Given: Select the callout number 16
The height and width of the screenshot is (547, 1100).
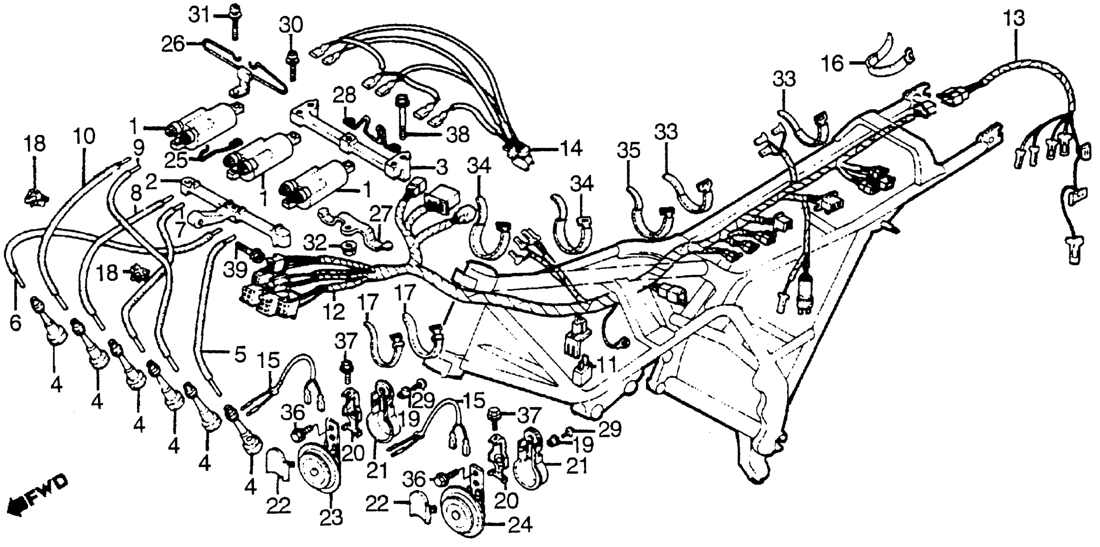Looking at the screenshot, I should (x=833, y=64).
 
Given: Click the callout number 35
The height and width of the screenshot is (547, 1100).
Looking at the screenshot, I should (x=629, y=151).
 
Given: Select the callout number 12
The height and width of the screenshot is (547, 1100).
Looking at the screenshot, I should (x=334, y=312).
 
